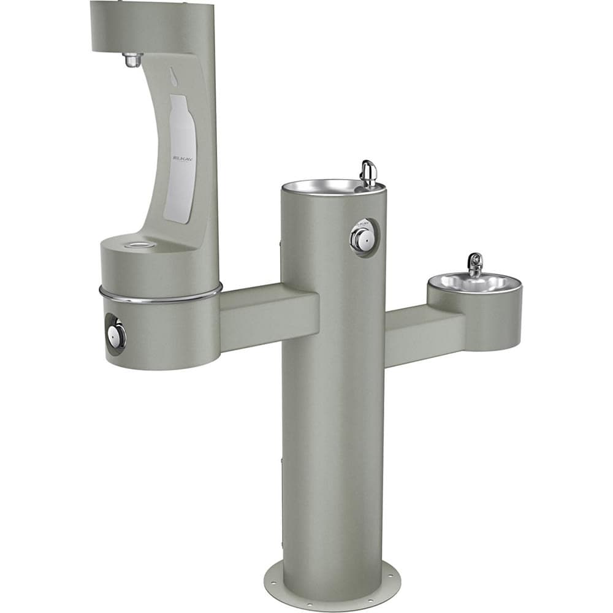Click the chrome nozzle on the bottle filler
click(132, 60)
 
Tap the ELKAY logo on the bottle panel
click(182, 158)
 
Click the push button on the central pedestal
click(362, 238)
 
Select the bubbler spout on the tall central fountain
click(368, 172)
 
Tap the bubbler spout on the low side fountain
click(474, 264)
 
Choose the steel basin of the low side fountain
click(472, 283)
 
